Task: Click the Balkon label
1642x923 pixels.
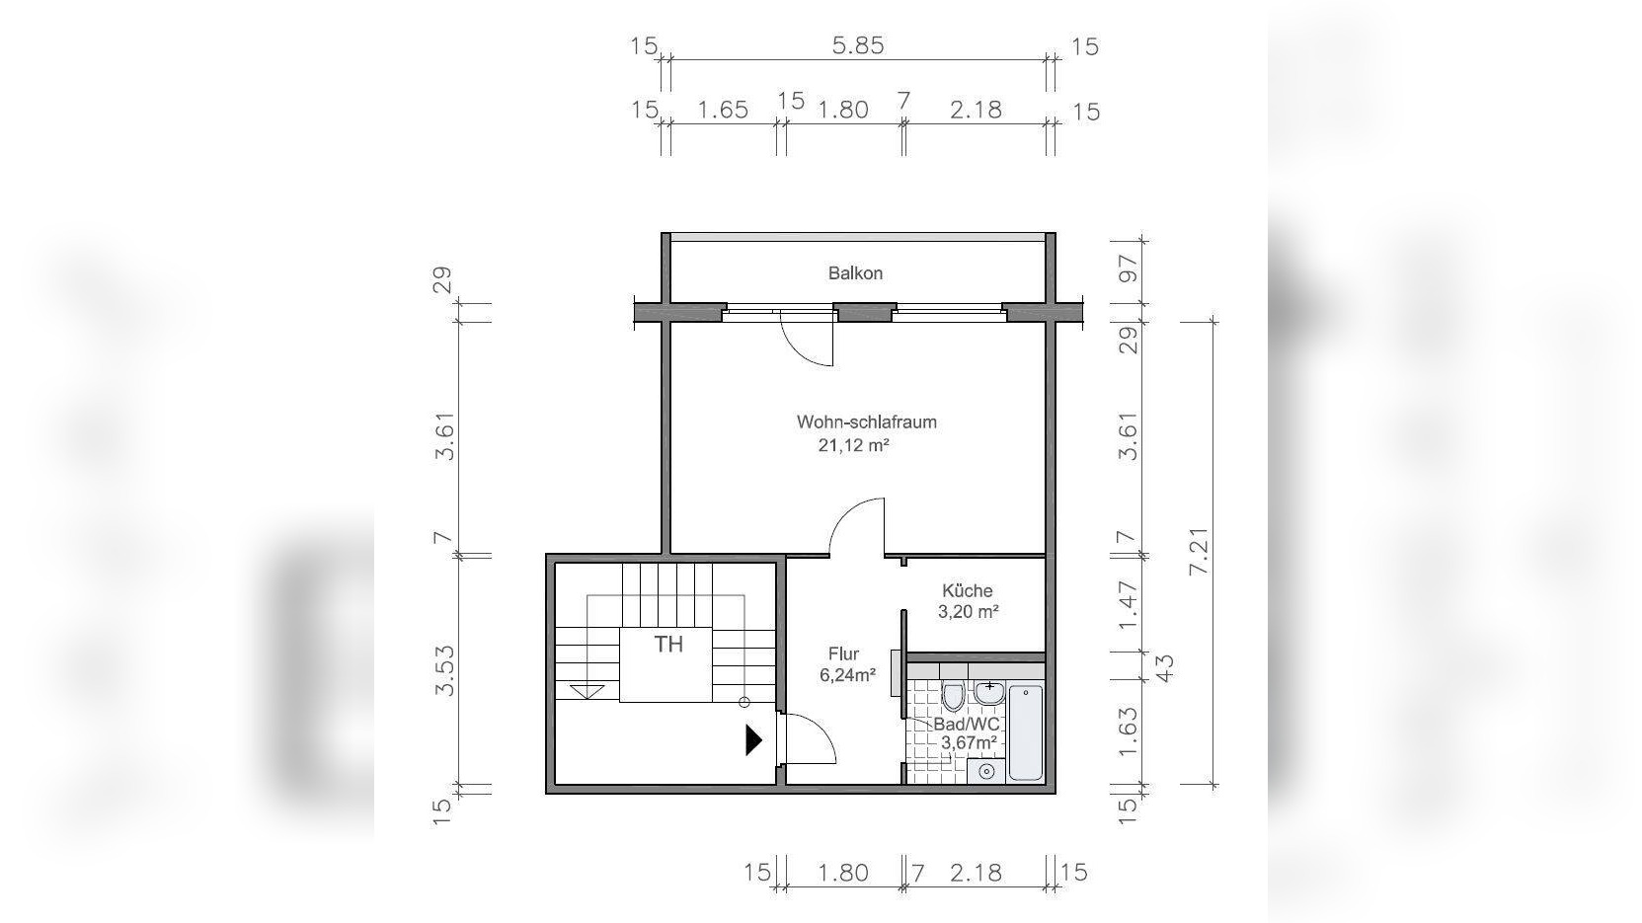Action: pyautogui.click(x=855, y=273)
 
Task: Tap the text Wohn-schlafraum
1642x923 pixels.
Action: pyautogui.click(x=867, y=423)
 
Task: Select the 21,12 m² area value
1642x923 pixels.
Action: pyautogui.click(x=853, y=445)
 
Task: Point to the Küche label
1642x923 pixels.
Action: pyautogui.click(x=967, y=590)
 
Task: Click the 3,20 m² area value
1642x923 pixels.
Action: pyautogui.click(x=968, y=611)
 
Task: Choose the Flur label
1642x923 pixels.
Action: pyautogui.click(x=843, y=654)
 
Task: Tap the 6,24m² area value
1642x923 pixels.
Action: pyautogui.click(x=847, y=675)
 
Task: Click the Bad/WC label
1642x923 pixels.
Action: pyautogui.click(x=966, y=724)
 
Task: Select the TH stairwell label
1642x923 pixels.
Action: pyautogui.click(x=667, y=645)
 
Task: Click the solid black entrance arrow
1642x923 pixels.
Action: pyautogui.click(x=753, y=739)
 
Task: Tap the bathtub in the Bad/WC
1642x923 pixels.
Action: pyautogui.click(x=1026, y=732)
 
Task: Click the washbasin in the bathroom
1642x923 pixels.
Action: pyautogui.click(x=989, y=692)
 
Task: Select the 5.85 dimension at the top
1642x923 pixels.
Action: pyautogui.click(x=858, y=45)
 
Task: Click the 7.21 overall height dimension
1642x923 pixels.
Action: pyautogui.click(x=1200, y=551)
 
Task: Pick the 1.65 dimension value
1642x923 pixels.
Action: pyautogui.click(x=723, y=110)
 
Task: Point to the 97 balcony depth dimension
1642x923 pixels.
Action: pyautogui.click(x=1129, y=269)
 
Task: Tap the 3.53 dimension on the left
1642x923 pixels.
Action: pyautogui.click(x=444, y=670)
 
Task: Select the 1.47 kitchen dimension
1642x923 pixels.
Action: pyautogui.click(x=1128, y=605)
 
